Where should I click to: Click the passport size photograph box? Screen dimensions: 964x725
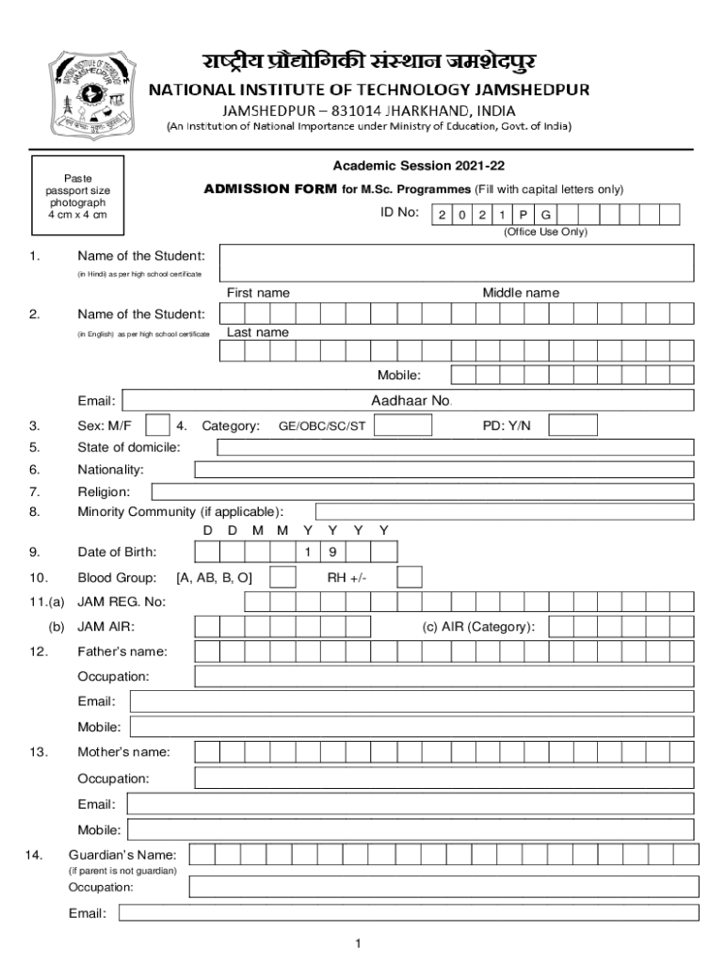(78, 197)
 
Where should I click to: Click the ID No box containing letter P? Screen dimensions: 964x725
(523, 215)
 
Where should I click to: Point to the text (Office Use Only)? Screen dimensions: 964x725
(544, 232)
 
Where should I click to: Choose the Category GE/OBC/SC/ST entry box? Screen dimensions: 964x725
(403, 426)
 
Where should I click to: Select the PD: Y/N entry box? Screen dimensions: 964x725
(572, 426)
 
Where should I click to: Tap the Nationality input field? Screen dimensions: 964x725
(444, 469)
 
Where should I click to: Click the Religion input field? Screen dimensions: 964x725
(423, 490)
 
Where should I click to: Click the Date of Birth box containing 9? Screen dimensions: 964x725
(333, 552)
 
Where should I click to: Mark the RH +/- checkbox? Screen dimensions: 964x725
(410, 577)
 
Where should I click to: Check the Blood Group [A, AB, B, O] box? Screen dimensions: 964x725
(283, 577)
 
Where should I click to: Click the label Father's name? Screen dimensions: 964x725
(122, 651)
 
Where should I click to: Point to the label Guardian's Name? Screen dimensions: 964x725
(122, 855)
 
